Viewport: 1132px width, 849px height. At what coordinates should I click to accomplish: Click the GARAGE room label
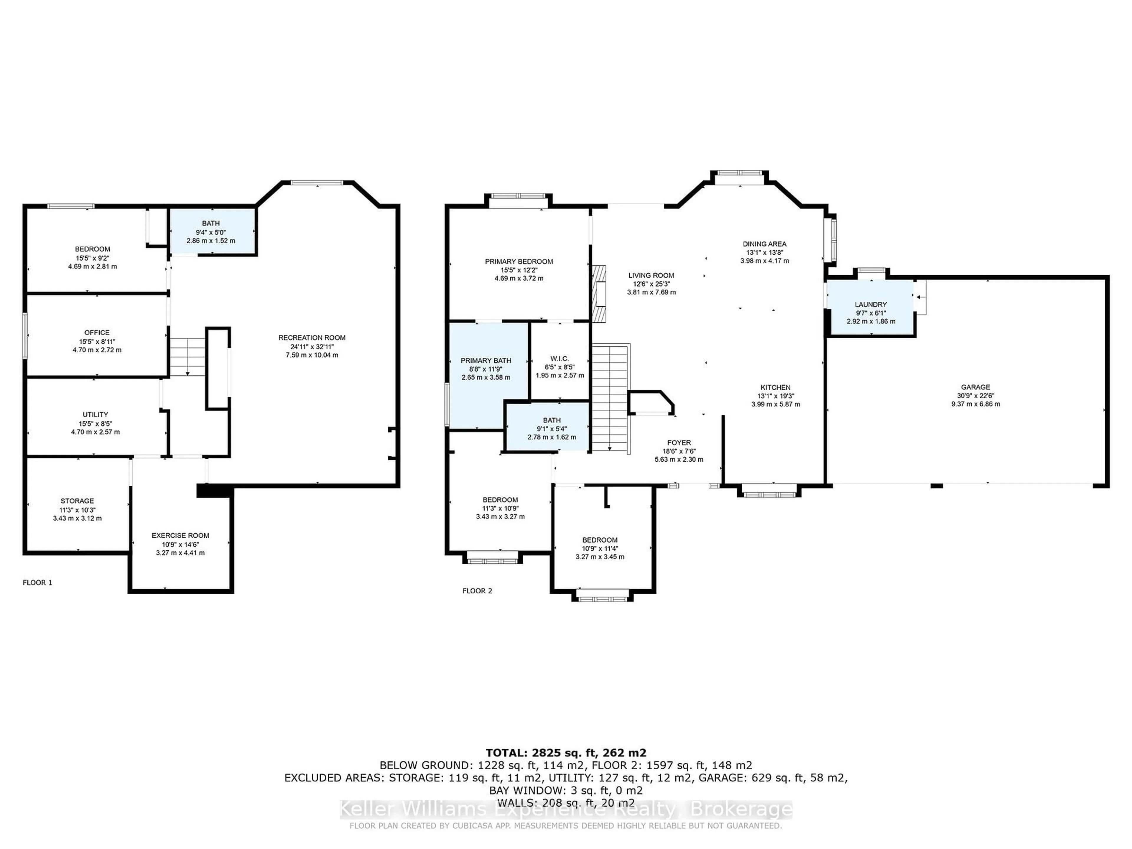pos(975,387)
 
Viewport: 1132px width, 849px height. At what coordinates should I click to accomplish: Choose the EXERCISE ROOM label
pos(180,535)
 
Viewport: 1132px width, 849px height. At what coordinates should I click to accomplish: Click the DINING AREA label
pos(765,244)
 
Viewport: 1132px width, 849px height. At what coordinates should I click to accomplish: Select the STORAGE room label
pos(77,501)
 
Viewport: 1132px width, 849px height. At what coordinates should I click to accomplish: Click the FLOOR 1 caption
pos(37,583)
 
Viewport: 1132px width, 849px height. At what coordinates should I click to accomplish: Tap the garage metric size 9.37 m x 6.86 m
pos(975,404)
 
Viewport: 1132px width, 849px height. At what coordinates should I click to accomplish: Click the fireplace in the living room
pos(598,294)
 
